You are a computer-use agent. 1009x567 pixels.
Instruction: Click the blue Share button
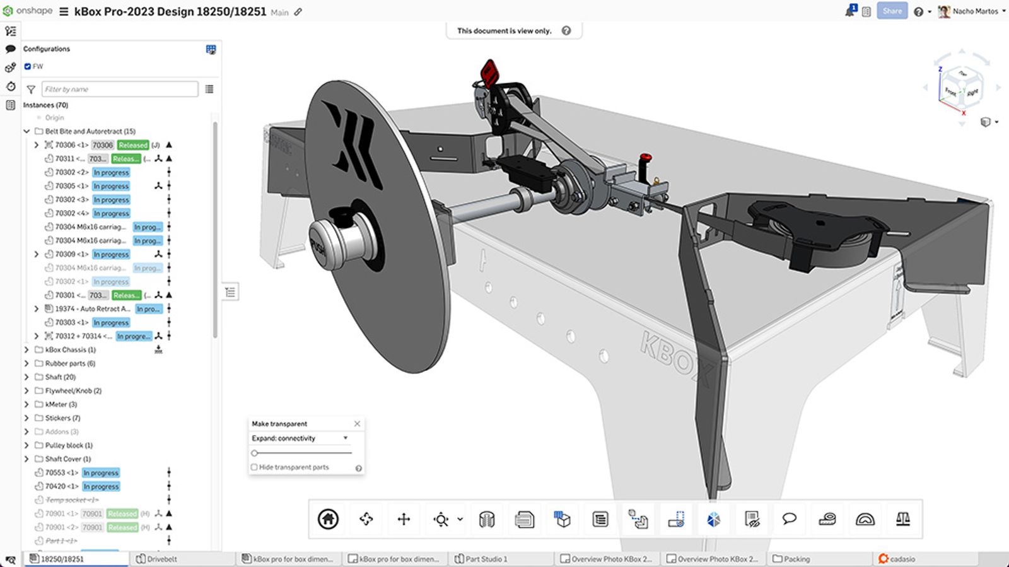(892, 11)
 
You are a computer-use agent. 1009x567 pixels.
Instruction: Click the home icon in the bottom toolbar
(328, 519)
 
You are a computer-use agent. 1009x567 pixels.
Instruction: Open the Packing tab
(796, 559)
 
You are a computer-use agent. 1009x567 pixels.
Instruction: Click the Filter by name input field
(120, 89)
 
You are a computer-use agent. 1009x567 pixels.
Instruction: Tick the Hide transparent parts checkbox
(254, 467)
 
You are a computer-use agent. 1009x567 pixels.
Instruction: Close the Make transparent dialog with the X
(357, 424)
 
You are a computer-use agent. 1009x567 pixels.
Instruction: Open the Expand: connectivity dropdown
(300, 438)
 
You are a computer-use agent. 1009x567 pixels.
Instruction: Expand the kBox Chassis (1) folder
(26, 349)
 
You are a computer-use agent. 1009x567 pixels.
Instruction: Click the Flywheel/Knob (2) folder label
(73, 390)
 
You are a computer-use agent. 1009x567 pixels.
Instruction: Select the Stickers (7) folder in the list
(62, 418)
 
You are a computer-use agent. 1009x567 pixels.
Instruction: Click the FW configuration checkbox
(28, 66)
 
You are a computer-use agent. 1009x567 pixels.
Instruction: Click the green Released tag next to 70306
(133, 145)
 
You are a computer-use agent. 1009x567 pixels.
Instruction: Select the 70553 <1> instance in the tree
(61, 472)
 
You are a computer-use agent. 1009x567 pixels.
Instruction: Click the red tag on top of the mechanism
(489, 73)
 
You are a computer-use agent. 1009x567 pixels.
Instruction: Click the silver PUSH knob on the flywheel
(337, 243)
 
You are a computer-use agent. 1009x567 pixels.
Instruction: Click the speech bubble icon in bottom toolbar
(789, 519)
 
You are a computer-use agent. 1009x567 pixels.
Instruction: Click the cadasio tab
(902, 559)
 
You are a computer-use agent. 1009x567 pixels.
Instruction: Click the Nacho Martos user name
(975, 11)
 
